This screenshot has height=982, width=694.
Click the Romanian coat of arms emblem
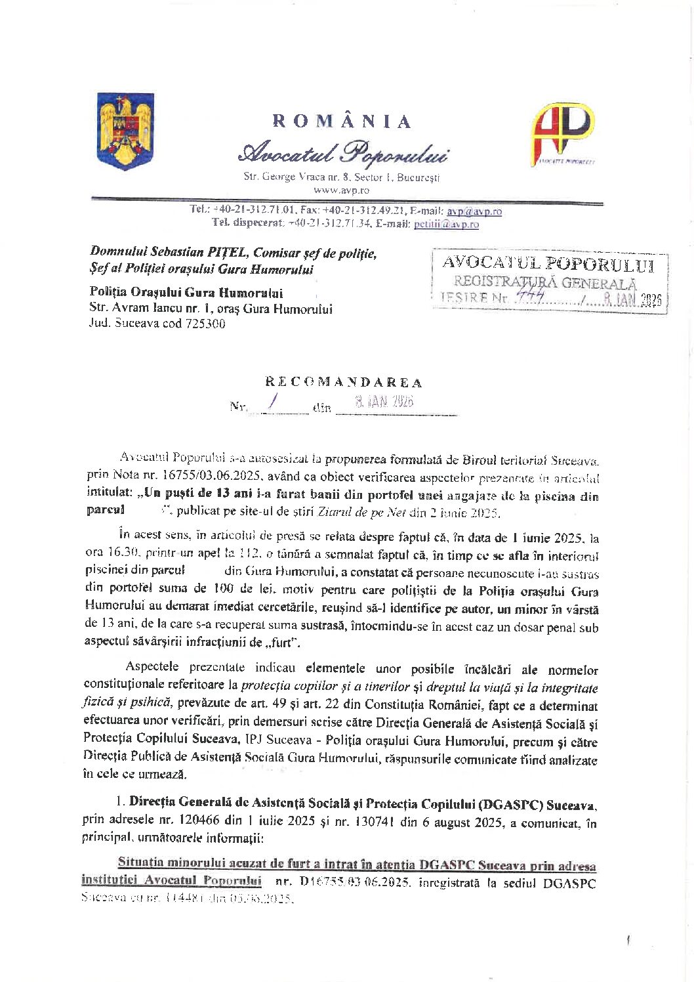tap(125, 131)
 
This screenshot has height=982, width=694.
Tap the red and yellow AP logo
tap(562, 134)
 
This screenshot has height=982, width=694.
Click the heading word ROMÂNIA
tap(342, 121)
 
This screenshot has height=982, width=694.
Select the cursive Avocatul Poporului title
tap(343, 153)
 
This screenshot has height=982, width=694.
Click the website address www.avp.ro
tap(341, 190)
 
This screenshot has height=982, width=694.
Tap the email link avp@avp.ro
tap(474, 211)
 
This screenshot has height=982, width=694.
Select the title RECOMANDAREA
tap(344, 382)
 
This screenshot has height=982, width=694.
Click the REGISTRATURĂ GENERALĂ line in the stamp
tap(545, 282)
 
